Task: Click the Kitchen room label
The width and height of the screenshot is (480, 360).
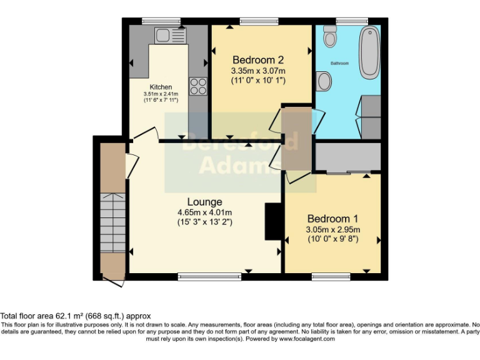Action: [161, 87]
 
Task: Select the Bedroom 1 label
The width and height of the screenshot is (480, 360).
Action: [332, 219]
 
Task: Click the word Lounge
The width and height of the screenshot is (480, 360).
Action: [204, 202]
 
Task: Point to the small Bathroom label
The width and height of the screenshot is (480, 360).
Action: [339, 64]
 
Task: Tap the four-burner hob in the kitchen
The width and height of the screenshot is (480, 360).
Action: [198, 86]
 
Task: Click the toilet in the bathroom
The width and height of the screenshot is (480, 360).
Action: [330, 38]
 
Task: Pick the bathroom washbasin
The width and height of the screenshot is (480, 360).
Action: [324, 81]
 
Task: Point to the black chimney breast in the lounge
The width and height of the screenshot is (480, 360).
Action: [273, 221]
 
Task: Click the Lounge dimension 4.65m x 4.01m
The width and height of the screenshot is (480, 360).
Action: [204, 212]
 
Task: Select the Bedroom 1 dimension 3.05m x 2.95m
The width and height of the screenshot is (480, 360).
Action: [332, 229]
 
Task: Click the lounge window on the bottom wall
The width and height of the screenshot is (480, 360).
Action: [209, 275]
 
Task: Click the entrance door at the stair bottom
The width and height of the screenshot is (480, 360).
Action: [114, 282]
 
